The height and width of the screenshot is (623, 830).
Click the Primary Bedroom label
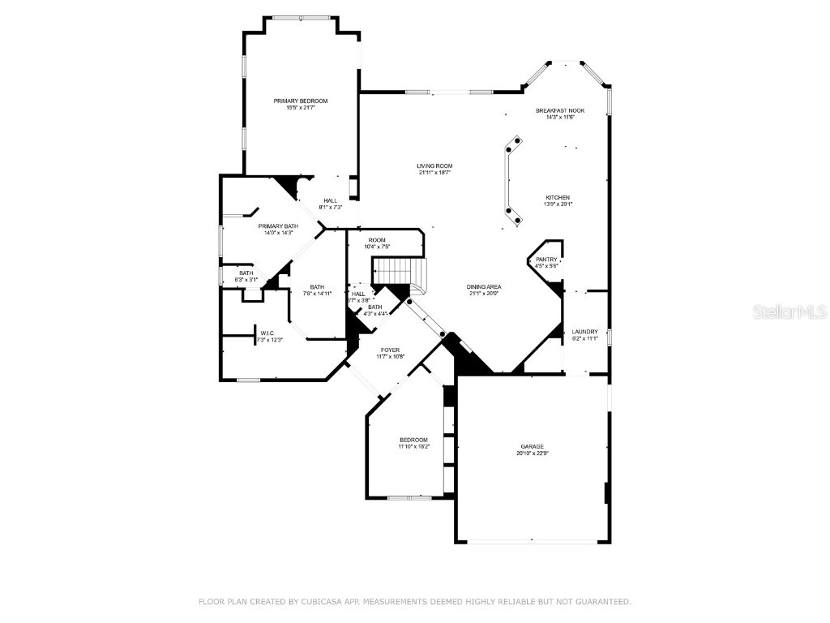300,101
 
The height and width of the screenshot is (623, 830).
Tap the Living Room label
435,165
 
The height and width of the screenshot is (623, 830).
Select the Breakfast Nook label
559,110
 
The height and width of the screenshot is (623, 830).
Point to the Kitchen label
557,197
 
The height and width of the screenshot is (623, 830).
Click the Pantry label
546,260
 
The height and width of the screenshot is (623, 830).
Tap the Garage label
532,446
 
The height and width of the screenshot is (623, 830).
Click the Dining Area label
484,286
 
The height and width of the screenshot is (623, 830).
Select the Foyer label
390,350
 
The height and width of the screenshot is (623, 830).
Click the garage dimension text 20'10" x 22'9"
532,453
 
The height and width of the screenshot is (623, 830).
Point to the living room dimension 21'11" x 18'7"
434,172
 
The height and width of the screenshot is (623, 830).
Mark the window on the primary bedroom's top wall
301,18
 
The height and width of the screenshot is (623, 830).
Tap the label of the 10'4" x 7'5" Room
377,240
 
